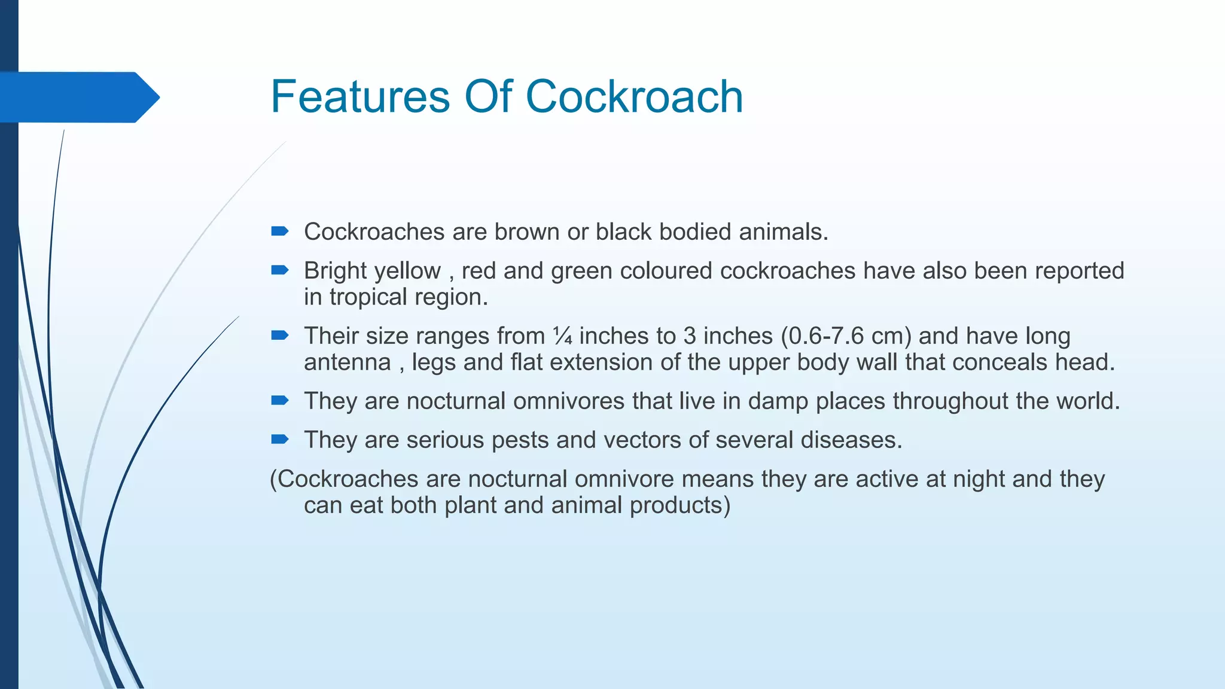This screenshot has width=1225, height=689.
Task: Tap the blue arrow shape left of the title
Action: click(x=78, y=97)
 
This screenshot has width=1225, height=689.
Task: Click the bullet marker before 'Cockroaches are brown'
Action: click(x=279, y=231)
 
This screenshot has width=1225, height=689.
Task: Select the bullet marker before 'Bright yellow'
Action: click(x=279, y=270)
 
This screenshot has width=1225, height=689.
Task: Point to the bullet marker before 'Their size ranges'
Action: click(x=279, y=336)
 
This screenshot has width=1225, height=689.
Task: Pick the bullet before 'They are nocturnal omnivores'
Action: click(x=279, y=401)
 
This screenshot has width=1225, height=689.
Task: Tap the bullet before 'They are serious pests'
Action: click(x=279, y=440)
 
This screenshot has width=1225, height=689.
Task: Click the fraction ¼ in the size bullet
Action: click(x=562, y=336)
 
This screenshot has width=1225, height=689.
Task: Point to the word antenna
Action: click(x=347, y=362)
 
